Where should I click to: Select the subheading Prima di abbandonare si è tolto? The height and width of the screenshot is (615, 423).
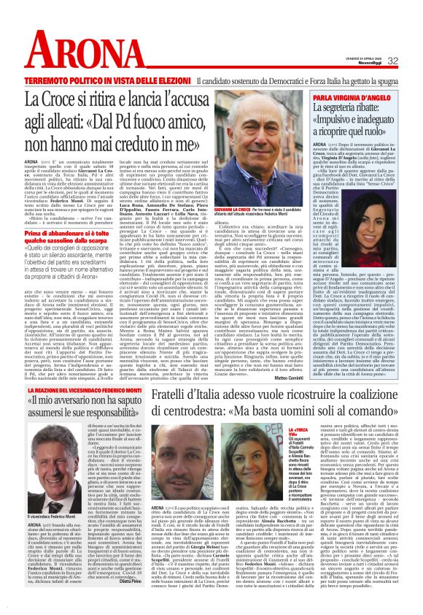point(77,232)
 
